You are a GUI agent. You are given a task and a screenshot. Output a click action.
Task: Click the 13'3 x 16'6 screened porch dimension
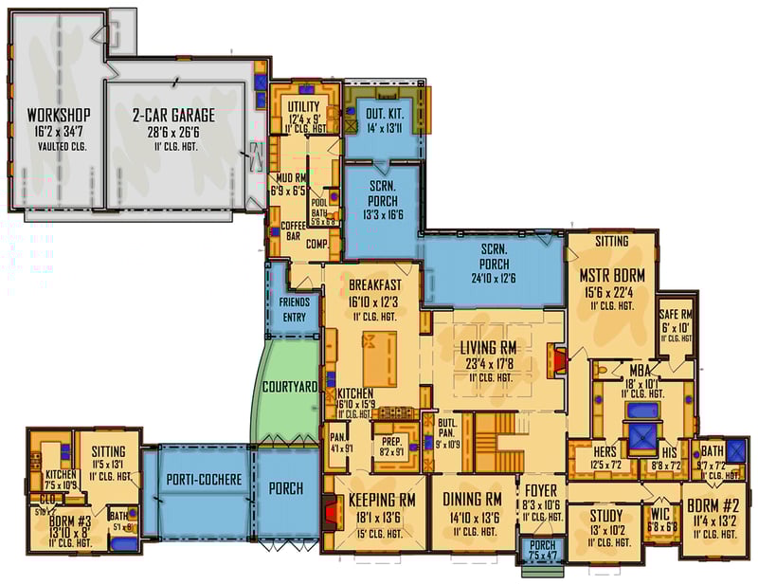(382, 215)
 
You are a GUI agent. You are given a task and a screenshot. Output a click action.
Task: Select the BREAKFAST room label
(375, 284)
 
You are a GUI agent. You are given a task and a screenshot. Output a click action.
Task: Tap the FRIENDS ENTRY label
(295, 310)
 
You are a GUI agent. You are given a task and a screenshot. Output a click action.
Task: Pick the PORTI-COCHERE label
(205, 479)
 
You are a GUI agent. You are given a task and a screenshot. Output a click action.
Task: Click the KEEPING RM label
(384, 500)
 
